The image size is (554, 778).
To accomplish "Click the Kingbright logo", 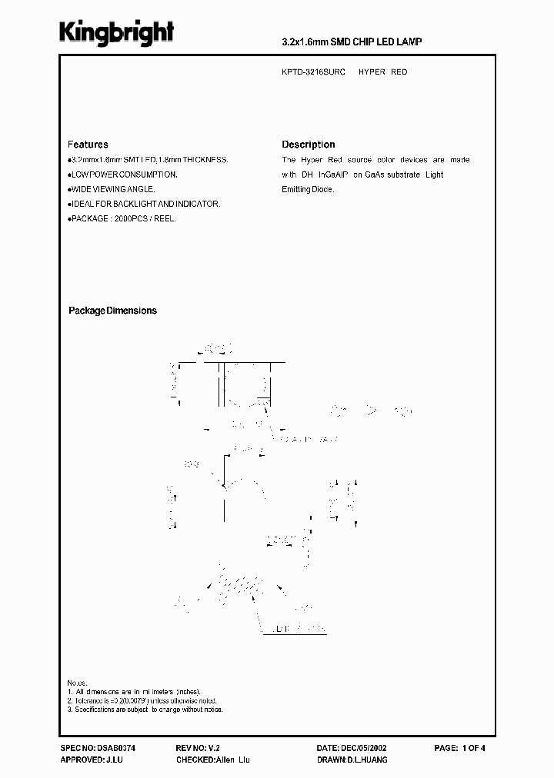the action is pos(117,32).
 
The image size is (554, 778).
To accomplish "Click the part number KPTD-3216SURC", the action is pos(313,71).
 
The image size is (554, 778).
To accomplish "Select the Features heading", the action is pos(88,145).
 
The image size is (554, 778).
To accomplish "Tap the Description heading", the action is pos(308,145).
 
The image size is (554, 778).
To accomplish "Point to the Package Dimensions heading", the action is pos(112,311).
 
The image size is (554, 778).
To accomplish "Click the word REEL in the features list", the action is pos(164,219).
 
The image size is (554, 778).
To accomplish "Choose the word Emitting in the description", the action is pos(297,189).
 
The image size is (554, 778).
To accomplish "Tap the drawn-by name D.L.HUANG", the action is pos(368,760).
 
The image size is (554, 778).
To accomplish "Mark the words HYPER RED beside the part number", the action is pos(382,71).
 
